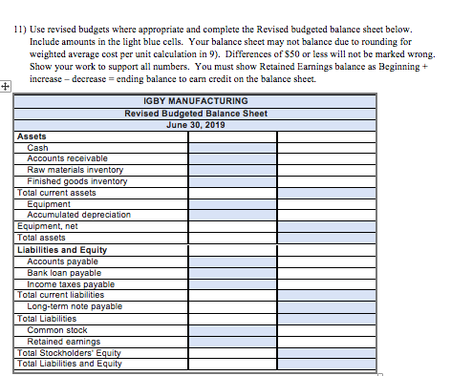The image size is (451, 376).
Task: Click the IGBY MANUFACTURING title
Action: coord(195,100)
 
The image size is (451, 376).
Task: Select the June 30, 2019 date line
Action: coord(195,124)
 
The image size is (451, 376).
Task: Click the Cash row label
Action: coord(38,147)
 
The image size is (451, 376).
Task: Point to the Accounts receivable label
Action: coord(67,157)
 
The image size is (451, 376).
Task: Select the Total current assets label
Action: coord(56,192)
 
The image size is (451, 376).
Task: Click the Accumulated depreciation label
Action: coord(78,215)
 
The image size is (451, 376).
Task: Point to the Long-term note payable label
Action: coord(75,306)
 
